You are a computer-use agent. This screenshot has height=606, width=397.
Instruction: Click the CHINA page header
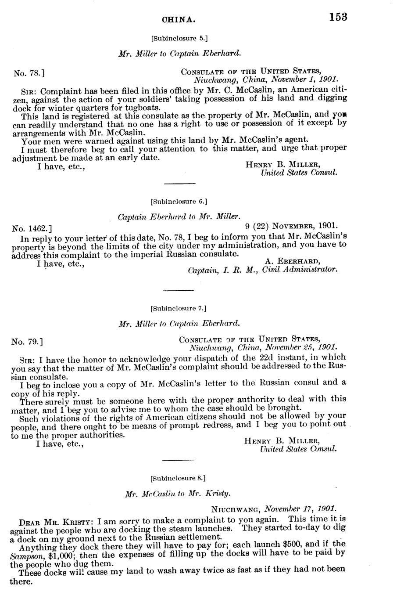[x=179, y=20]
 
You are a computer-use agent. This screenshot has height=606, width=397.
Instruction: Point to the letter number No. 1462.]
[x=32, y=228]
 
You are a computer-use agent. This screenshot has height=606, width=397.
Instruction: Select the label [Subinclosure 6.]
[x=178, y=202]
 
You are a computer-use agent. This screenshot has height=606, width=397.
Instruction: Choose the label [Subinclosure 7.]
[x=178, y=308]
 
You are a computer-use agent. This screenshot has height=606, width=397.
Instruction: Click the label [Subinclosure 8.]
[x=178, y=477]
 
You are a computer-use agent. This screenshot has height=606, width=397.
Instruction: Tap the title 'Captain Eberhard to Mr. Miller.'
[x=179, y=217]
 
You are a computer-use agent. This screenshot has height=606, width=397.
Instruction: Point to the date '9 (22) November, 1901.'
[x=290, y=226]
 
